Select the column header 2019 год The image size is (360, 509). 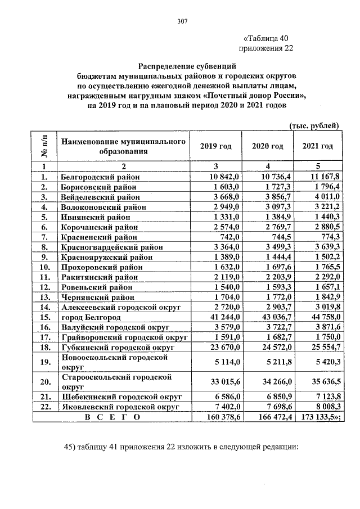coord(215,146)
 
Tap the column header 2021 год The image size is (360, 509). coord(318,146)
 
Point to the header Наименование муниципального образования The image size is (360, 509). coord(123,146)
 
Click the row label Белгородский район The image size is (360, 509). coord(100,177)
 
